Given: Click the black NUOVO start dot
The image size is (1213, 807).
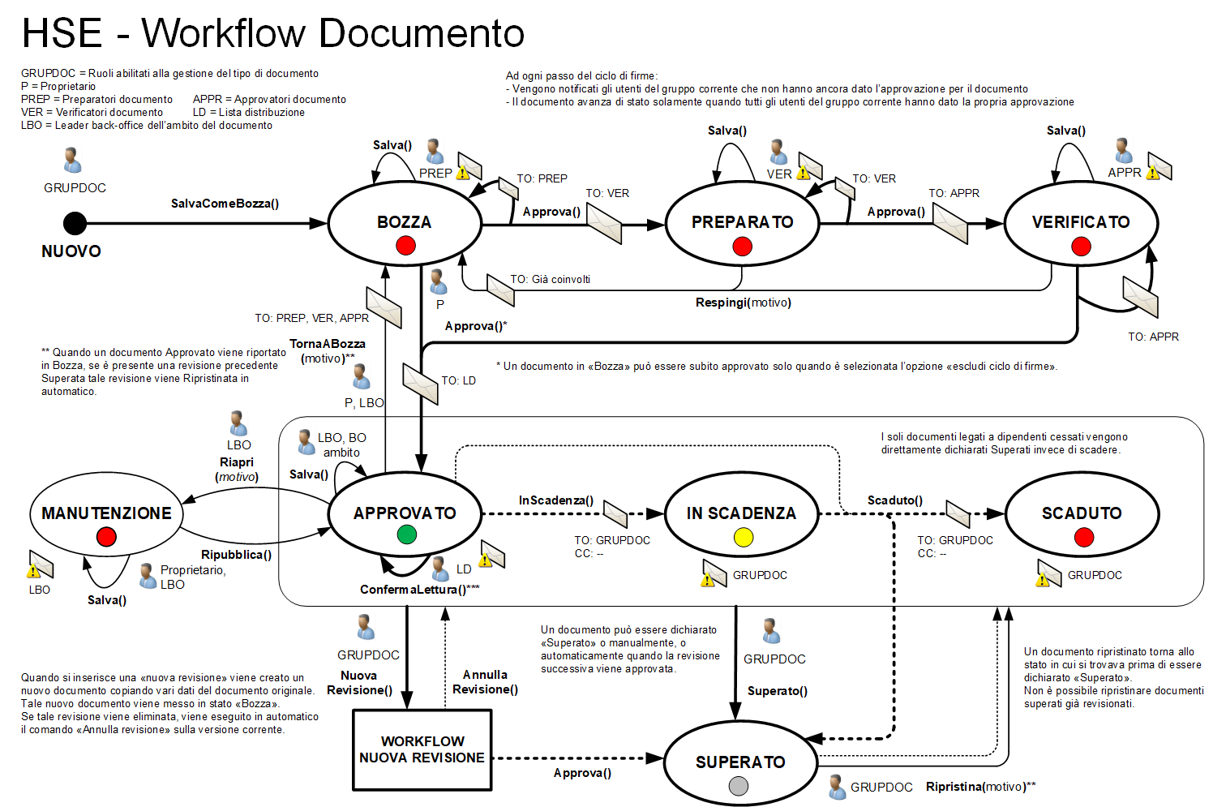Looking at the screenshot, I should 75,223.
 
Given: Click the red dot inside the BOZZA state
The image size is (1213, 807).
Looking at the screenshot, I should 405,246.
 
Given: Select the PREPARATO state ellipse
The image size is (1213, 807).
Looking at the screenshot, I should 742,223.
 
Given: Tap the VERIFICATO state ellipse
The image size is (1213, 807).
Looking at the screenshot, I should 1081,223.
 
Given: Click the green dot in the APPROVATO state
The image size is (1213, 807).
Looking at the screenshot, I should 407,534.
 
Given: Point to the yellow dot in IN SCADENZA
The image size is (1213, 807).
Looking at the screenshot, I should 743,537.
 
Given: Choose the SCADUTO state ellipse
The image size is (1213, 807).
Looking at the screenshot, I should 1082,514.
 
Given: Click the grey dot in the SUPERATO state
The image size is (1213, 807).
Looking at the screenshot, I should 738,786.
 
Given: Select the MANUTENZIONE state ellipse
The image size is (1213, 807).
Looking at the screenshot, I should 106,514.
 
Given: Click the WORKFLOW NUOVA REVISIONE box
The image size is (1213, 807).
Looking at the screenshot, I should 422,749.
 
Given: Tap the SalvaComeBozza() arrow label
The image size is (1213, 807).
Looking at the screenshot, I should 225,204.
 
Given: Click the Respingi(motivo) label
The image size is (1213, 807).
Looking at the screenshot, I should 743,303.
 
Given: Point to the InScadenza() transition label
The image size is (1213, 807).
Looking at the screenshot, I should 555,500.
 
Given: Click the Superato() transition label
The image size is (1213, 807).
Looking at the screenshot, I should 777,691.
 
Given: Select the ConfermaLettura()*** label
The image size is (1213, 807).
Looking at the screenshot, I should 419,590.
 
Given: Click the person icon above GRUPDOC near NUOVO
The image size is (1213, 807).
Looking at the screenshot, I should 73,161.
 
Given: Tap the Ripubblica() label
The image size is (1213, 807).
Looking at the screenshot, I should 236,555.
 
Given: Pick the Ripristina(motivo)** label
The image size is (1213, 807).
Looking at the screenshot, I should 980,787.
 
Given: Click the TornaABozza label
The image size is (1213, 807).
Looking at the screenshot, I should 327,344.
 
